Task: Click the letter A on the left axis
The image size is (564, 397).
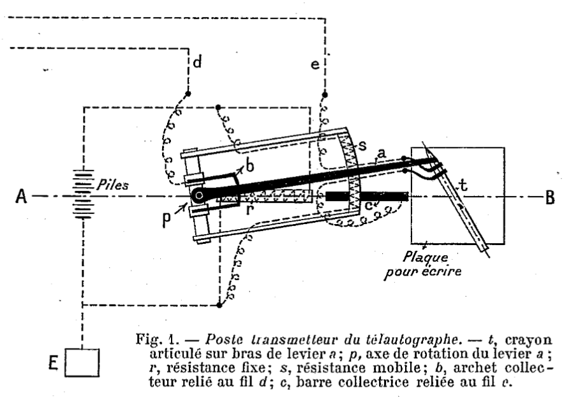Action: click(20, 196)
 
